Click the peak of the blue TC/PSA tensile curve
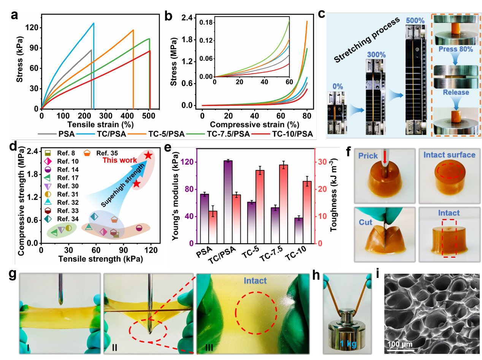point(94,23)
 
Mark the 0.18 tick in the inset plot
point(207,22)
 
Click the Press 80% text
point(455,49)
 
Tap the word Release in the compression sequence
point(455,92)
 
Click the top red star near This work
point(149,155)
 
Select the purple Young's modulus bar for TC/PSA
point(228,202)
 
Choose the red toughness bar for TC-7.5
point(283,204)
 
